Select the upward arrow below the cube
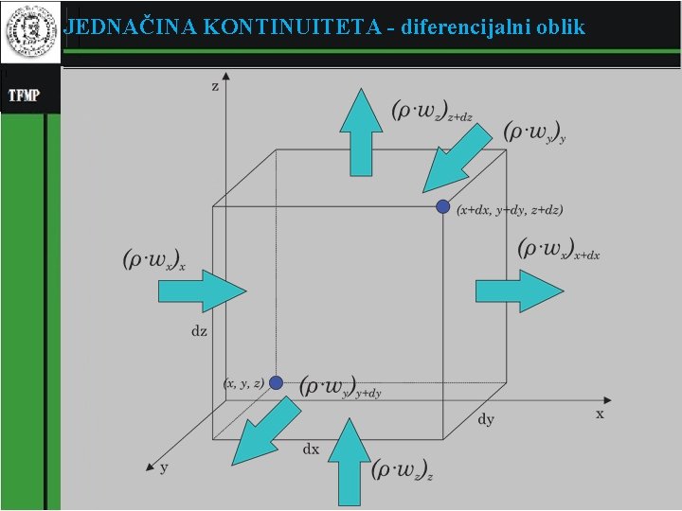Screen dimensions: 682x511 (x=351, y=464)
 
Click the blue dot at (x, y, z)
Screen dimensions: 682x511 (x=276, y=382)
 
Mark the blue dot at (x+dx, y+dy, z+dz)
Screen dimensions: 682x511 (x=442, y=206)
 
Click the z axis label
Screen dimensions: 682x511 (x=215, y=86)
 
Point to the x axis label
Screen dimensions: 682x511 (x=600, y=414)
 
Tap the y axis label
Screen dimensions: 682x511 (x=164, y=467)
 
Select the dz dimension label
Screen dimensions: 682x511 (x=199, y=332)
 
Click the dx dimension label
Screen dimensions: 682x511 (x=311, y=449)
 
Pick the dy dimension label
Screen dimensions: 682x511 (x=486, y=419)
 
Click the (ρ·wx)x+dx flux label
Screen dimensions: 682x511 (x=559, y=250)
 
